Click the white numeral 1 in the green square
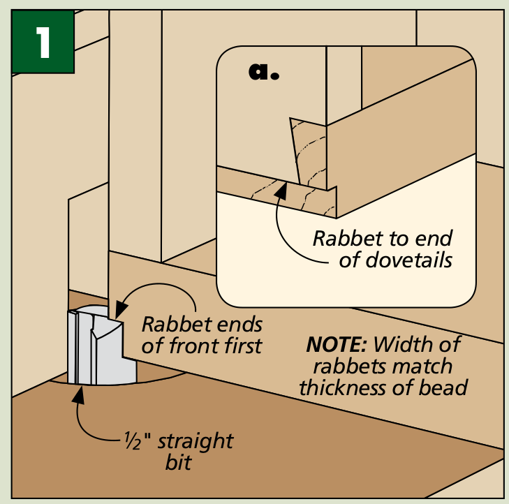(43, 42)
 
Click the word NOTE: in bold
(337, 344)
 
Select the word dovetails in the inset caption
(395, 260)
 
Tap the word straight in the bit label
(196, 441)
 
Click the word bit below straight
(178, 462)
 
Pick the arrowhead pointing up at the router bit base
(78, 395)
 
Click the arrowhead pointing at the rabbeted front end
(121, 309)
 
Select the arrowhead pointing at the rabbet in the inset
(281, 191)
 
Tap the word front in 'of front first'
(190, 346)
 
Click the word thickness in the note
(342, 387)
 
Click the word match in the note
(422, 366)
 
